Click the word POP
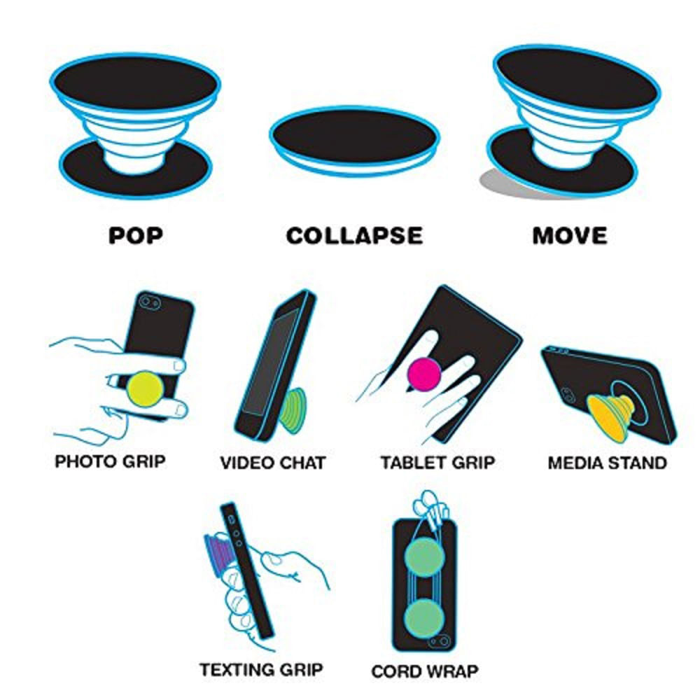click(x=136, y=235)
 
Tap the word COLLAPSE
click(x=354, y=235)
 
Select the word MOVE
click(x=570, y=235)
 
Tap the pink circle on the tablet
click(x=423, y=373)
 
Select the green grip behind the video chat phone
click(x=293, y=409)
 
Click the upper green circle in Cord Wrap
click(x=423, y=556)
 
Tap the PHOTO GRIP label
click(x=110, y=462)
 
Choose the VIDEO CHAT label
click(x=273, y=463)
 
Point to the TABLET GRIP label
click(x=437, y=463)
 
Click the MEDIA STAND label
click(x=607, y=463)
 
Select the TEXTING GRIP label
click(x=261, y=669)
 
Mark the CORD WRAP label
click(x=425, y=671)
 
